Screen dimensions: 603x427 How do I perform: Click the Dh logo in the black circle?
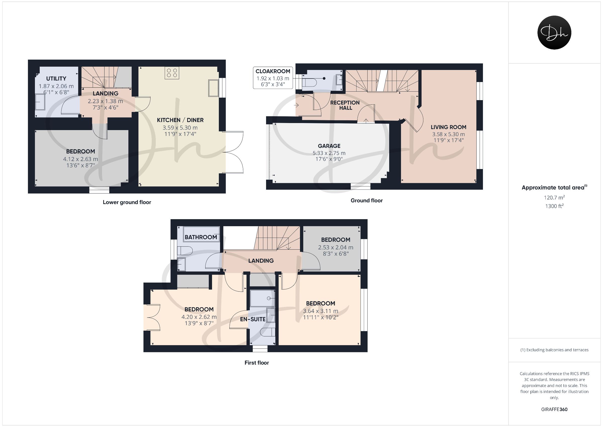(554, 32)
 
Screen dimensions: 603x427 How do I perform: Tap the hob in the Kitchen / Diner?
(172, 73)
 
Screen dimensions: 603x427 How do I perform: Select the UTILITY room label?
(56, 79)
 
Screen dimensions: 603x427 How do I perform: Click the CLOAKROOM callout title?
(273, 71)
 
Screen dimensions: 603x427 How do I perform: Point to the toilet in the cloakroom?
(310, 83)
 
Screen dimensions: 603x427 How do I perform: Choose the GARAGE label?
(329, 146)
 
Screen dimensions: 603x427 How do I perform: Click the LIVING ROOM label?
(448, 127)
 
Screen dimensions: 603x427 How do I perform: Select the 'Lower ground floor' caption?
(127, 202)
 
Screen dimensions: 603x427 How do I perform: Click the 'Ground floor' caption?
(367, 201)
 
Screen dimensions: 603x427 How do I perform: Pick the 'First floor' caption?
(257, 363)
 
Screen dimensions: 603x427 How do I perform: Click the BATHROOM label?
(201, 237)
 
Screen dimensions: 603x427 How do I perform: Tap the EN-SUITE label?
(253, 319)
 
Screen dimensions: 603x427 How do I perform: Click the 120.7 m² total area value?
(554, 197)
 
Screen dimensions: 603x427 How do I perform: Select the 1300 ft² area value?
(554, 206)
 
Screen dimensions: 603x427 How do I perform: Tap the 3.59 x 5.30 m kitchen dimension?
(180, 128)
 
